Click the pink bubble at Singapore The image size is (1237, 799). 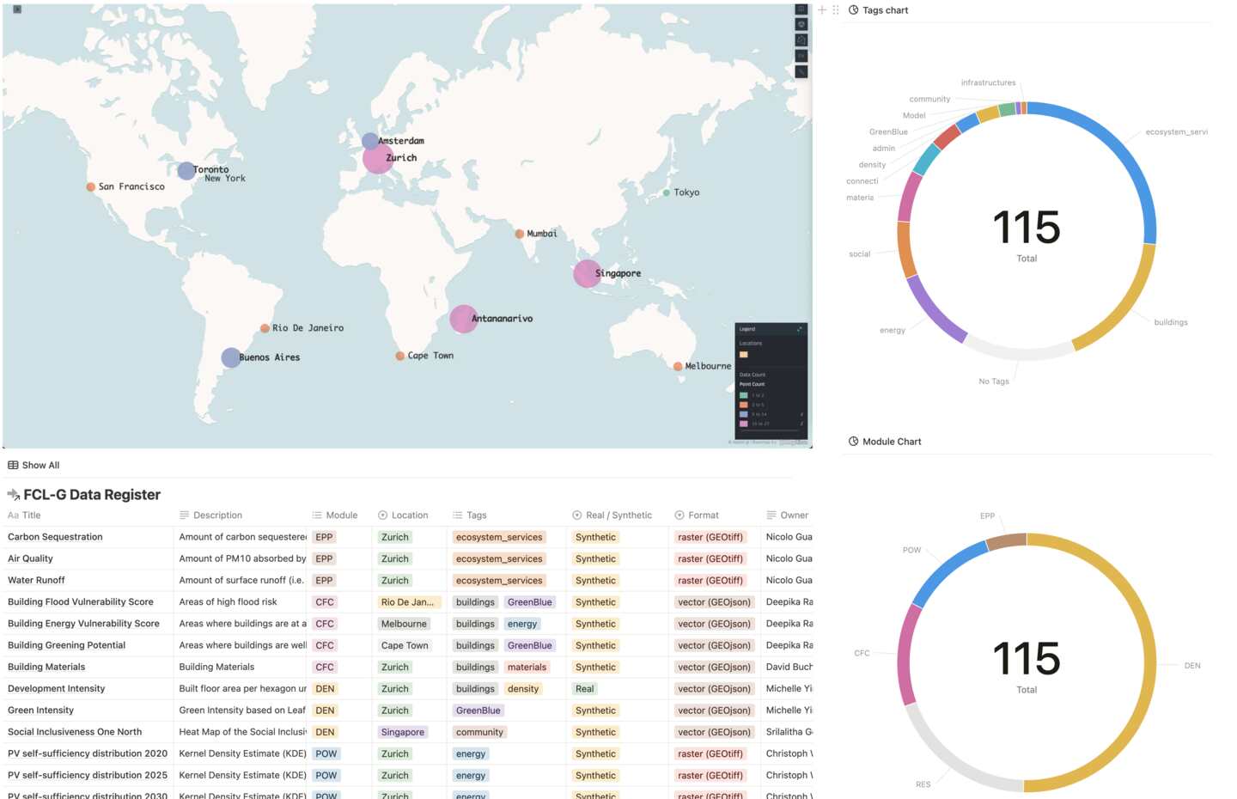(x=587, y=273)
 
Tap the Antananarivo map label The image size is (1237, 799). (x=502, y=319)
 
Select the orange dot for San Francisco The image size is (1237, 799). (x=91, y=186)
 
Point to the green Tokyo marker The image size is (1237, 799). (x=667, y=192)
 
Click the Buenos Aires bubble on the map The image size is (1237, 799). (x=231, y=357)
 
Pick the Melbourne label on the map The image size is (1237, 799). (x=708, y=366)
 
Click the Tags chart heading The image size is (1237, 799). (x=885, y=10)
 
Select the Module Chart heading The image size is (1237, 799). (x=892, y=442)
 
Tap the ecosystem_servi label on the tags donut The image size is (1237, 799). (x=1176, y=132)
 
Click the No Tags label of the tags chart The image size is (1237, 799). (x=994, y=381)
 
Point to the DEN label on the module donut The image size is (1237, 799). (x=1192, y=666)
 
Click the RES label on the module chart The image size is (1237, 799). (x=923, y=784)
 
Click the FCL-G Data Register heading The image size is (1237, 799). (x=92, y=495)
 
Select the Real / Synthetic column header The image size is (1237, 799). (x=618, y=515)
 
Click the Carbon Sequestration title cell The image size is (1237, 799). (x=55, y=537)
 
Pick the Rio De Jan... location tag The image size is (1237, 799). (x=407, y=602)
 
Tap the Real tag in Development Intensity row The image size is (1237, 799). (x=585, y=689)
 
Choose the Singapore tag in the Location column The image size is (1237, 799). (x=403, y=732)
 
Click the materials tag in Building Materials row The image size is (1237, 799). (x=527, y=668)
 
